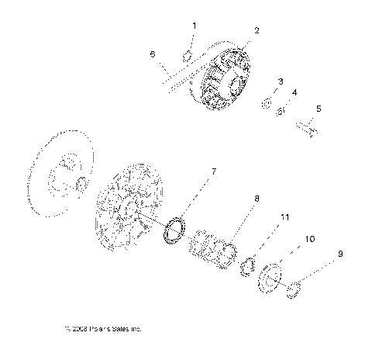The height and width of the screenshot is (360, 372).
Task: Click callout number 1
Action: tap(194, 26)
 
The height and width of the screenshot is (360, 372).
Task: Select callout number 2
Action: tap(257, 31)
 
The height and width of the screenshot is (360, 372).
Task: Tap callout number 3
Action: tap(280, 81)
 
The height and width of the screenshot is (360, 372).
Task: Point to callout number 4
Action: tap(294, 93)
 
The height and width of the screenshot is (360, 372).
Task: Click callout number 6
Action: tap(153, 54)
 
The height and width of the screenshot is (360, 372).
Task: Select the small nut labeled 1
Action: tap(186, 56)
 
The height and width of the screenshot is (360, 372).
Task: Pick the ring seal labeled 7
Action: tap(175, 230)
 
